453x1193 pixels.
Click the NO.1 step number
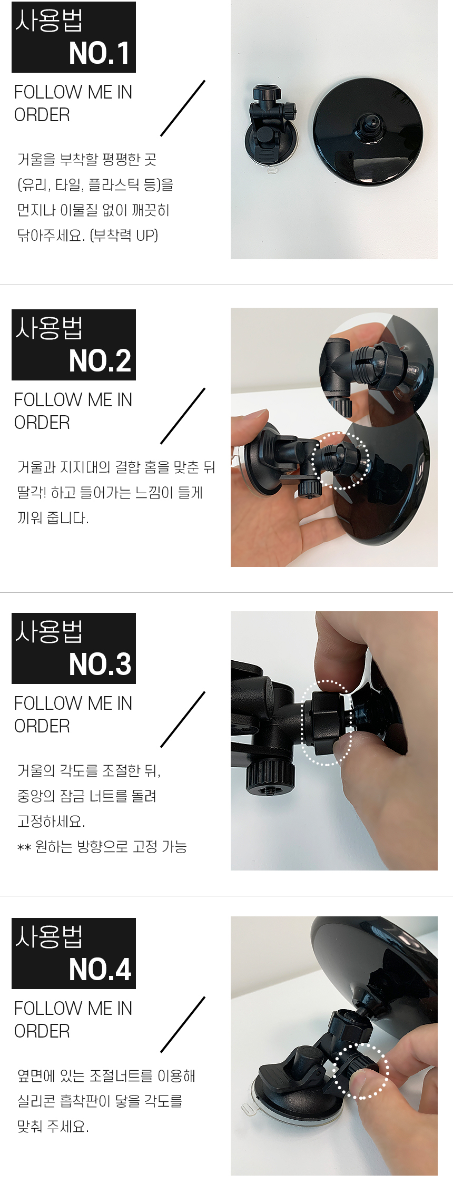click(100, 53)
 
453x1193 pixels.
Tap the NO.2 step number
click(100, 361)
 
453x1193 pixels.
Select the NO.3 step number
click(100, 664)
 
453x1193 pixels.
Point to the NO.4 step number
click(100, 969)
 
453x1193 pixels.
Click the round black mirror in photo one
click(368, 132)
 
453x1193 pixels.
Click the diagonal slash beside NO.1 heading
click(183, 108)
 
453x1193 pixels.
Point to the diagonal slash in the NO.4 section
click(183, 1024)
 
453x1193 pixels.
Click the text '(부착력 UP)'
click(124, 235)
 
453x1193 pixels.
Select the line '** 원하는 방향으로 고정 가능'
click(102, 846)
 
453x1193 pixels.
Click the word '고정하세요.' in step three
click(51, 821)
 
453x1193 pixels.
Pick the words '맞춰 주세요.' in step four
click(53, 1126)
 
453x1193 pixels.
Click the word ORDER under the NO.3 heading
click(42, 726)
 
